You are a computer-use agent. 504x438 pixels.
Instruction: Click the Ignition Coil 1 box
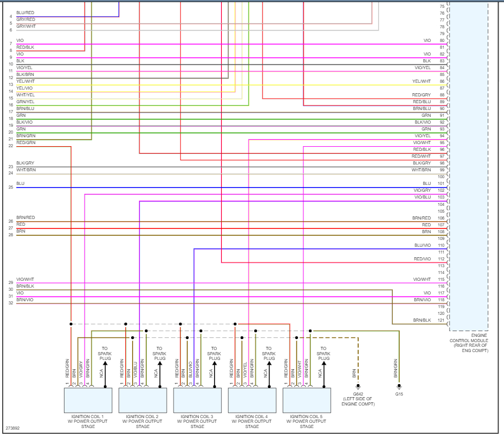(88, 400)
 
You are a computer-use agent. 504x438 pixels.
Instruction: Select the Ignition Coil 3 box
(197, 400)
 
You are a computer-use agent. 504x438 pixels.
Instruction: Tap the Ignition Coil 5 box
(306, 400)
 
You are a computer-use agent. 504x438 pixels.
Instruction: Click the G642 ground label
(358, 393)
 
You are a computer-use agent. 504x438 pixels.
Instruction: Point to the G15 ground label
(399, 393)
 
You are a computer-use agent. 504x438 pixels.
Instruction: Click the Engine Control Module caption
(469, 343)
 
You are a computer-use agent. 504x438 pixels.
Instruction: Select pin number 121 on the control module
(442, 320)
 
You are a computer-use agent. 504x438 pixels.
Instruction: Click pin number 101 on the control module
(442, 183)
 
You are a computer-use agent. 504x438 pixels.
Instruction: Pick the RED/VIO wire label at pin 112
(422, 259)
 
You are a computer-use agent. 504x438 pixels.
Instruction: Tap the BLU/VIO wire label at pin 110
(422, 245)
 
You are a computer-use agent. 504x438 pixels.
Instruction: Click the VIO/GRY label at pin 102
(422, 190)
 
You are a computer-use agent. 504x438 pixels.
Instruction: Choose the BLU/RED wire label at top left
(26, 13)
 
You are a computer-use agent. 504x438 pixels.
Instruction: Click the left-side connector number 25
(10, 187)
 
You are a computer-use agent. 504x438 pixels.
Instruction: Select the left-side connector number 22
(10, 146)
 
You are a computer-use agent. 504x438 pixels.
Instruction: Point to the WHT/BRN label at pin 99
(421, 170)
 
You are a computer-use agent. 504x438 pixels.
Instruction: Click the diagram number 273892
(13, 428)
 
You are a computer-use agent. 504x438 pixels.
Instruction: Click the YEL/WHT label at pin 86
(422, 81)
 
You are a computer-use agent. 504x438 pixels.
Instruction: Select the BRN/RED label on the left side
(26, 217)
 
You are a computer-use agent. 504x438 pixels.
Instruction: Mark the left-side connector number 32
(10, 303)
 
